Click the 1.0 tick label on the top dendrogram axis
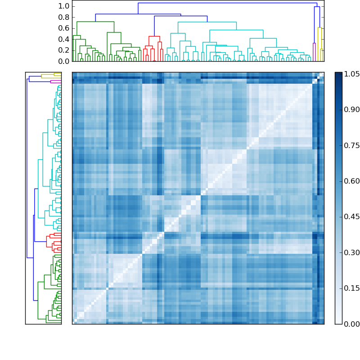[x=64, y=6]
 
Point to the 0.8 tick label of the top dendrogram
[x=64, y=17]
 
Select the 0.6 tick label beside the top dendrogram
[x=64, y=28]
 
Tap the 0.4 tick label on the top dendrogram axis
[x=64, y=39]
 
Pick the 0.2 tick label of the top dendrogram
[x=64, y=50]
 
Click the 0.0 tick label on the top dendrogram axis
[x=64, y=61]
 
